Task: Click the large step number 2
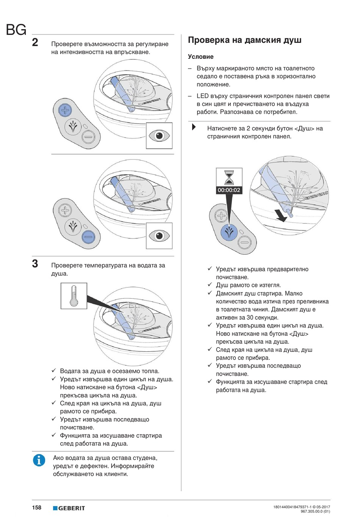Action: [35, 42]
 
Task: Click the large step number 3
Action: [35, 263]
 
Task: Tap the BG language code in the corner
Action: [16, 30]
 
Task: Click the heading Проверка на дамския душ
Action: [244, 40]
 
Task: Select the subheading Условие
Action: [200, 57]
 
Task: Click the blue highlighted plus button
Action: [65, 110]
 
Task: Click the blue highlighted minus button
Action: [88, 237]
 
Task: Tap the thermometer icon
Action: [74, 296]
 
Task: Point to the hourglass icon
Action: [229, 177]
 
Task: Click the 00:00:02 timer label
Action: [229, 190]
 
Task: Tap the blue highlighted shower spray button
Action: [229, 232]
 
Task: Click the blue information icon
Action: [39, 460]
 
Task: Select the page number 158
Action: [37, 508]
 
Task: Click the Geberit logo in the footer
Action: [69, 508]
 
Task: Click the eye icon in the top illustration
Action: [159, 135]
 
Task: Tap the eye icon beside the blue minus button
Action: [159, 236]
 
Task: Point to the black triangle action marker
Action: [194, 127]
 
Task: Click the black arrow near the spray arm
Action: [281, 216]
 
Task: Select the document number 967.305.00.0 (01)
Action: [315, 511]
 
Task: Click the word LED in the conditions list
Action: [202, 96]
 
